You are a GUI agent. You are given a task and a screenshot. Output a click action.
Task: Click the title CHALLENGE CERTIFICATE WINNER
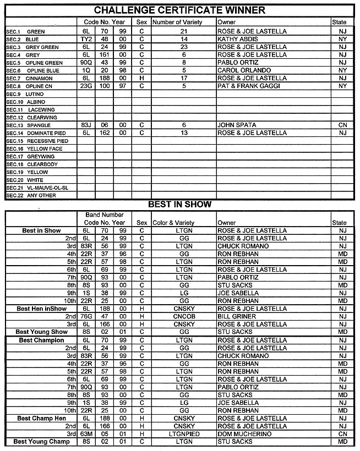pyautogui.click(x=179, y=10)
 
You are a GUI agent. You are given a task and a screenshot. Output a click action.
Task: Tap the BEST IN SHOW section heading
pyautogui.click(x=179, y=205)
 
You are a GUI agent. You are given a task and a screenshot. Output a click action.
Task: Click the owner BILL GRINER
pyautogui.click(x=237, y=317)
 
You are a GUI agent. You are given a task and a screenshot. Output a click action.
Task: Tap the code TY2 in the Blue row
pyautogui.click(x=86, y=40)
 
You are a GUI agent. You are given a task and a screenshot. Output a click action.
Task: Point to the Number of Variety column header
pyautogui.click(x=177, y=23)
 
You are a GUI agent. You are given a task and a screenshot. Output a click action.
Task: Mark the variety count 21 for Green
pyautogui.click(x=184, y=32)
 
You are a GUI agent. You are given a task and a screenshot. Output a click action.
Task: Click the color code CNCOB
pyautogui.click(x=177, y=317)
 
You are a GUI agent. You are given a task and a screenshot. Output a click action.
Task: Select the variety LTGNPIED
pyautogui.click(x=177, y=434)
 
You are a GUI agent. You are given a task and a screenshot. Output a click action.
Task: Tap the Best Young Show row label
pyautogui.click(x=41, y=332)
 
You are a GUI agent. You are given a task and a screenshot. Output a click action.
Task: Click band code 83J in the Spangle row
pyautogui.click(x=86, y=125)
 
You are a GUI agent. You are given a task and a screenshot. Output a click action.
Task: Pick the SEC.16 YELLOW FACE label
pyautogui.click(x=31, y=148)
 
